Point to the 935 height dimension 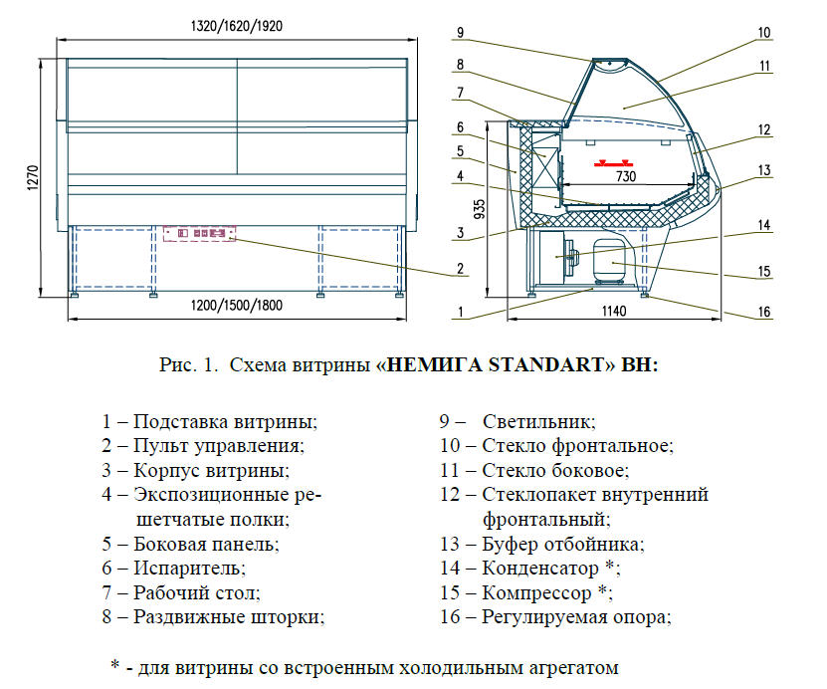[x=479, y=208]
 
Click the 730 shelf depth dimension [x=626, y=176]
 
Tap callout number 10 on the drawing [x=763, y=32]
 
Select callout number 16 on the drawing [x=763, y=312]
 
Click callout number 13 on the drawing [x=763, y=170]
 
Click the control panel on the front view [x=200, y=233]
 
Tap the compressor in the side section [x=608, y=261]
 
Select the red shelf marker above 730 [x=612, y=162]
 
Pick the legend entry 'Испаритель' [x=188, y=569]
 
